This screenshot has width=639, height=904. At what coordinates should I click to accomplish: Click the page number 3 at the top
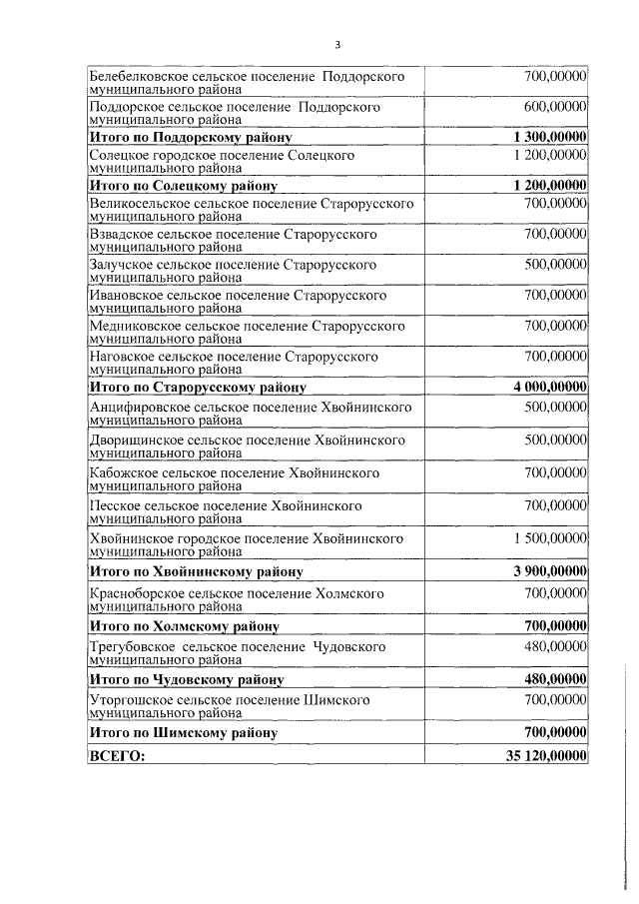click(x=338, y=45)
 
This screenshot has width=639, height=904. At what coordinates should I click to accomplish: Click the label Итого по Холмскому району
click(x=184, y=626)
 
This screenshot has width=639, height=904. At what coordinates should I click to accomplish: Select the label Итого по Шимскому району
click(x=183, y=733)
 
